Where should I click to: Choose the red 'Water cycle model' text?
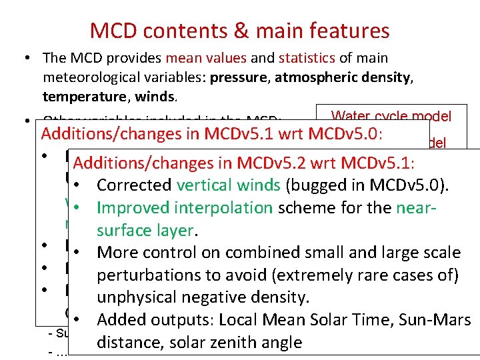coord(391,116)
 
